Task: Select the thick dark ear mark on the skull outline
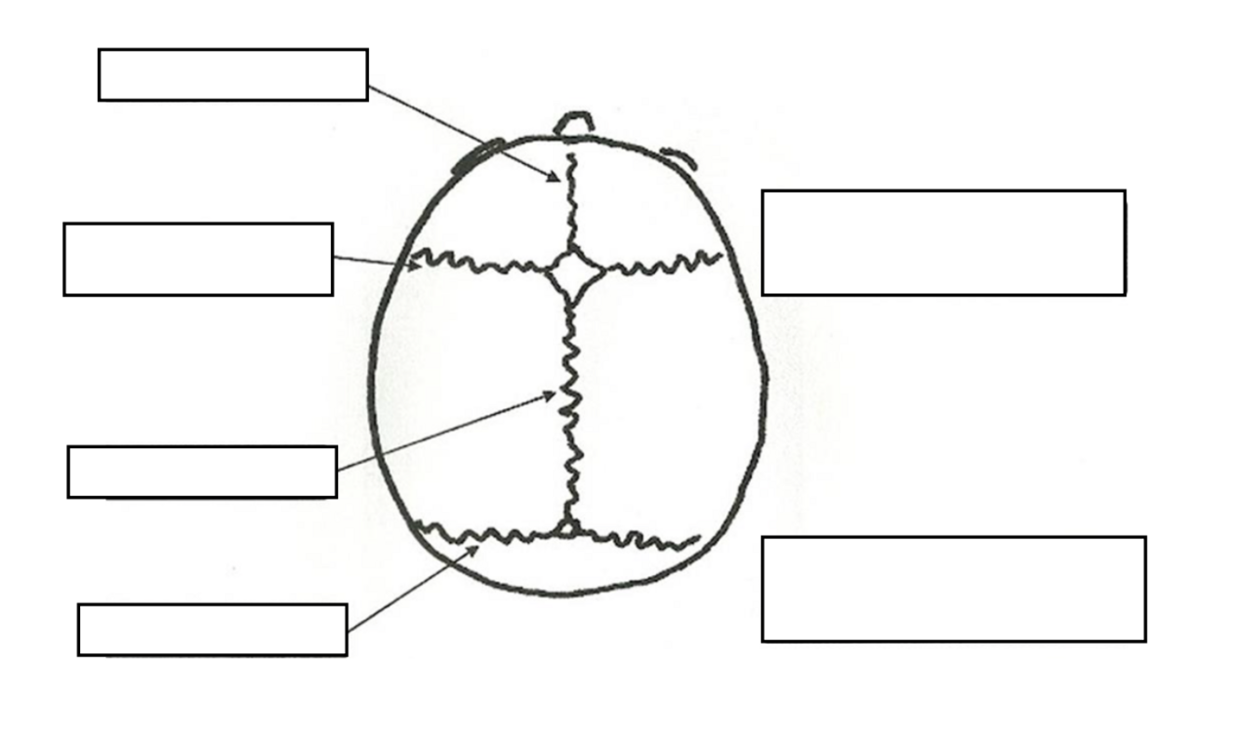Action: (x=478, y=156)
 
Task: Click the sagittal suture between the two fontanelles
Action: (x=569, y=410)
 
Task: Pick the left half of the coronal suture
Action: (x=480, y=263)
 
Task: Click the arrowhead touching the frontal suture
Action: (x=556, y=176)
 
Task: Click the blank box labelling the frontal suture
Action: (x=233, y=75)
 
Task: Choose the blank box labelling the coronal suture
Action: (x=198, y=259)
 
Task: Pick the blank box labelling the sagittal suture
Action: (x=202, y=471)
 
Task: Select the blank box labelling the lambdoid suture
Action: (x=212, y=630)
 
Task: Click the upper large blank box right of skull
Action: (x=943, y=243)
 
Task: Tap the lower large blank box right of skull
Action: (x=953, y=589)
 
